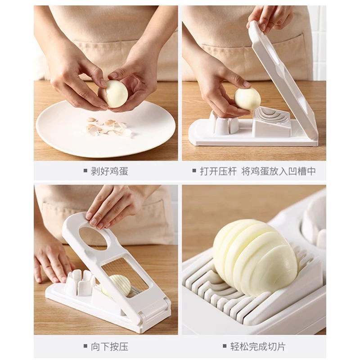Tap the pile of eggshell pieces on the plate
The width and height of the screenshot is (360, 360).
pyautogui.click(x=107, y=127)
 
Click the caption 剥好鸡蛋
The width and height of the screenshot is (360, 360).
pyautogui.click(x=109, y=171)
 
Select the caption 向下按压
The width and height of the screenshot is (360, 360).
pyautogui.click(x=109, y=346)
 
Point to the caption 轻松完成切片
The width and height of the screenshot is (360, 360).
pyautogui.click(x=258, y=346)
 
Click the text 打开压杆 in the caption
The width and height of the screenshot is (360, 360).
pyautogui.click(x=218, y=171)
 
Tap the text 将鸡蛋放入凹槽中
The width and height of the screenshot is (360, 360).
pyautogui.click(x=279, y=171)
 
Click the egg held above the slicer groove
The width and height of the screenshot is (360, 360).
pyautogui.click(x=247, y=99)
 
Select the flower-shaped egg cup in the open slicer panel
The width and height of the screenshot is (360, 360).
pyautogui.click(x=223, y=123)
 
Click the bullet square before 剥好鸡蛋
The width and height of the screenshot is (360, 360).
pyautogui.click(x=85, y=171)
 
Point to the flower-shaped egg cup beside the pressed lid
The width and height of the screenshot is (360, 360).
pyautogui.click(x=80, y=283)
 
